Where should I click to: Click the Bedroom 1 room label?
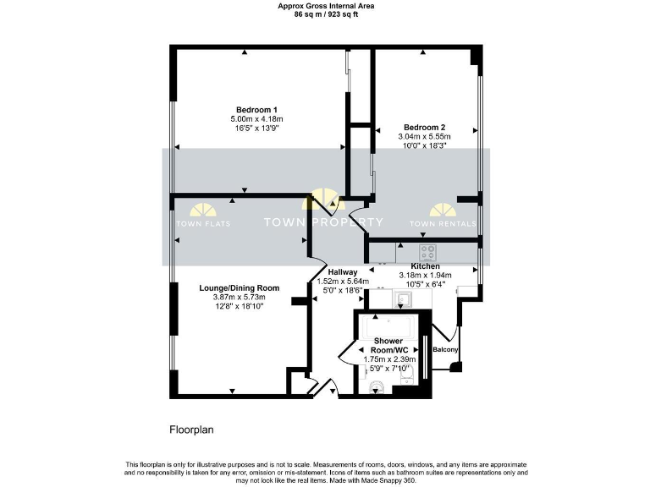256,110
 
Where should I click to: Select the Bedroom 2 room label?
424,127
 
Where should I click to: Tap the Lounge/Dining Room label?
239,287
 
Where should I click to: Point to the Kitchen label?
426,265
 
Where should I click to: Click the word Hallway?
343,271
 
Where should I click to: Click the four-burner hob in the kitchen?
428,251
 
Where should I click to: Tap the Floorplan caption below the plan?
191,430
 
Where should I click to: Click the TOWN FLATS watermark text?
203,223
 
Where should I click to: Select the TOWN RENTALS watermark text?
443,223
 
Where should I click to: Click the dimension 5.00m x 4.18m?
256,119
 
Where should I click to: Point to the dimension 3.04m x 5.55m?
424,136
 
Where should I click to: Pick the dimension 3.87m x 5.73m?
239,297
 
